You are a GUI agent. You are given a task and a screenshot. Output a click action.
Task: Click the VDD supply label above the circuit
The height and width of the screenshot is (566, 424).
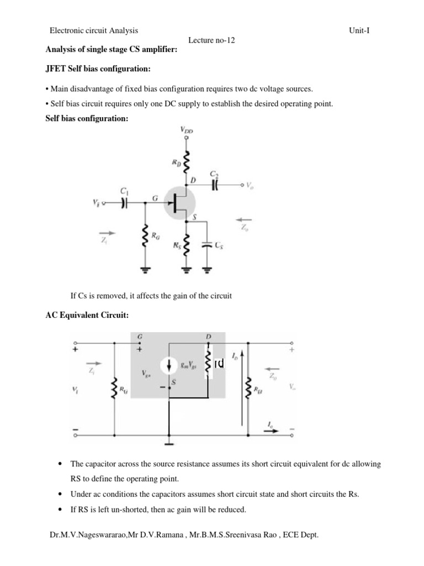[187, 130]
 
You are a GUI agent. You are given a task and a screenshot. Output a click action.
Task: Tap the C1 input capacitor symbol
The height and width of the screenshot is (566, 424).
[124, 203]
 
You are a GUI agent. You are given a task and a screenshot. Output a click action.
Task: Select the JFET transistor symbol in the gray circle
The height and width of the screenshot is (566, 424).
[178, 203]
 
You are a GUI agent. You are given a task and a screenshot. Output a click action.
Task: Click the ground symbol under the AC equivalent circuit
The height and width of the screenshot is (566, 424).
[169, 441]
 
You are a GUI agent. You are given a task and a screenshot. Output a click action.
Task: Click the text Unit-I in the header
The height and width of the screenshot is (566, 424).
[359, 31]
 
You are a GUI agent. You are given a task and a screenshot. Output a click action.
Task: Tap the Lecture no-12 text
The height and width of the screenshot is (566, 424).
[212, 41]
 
